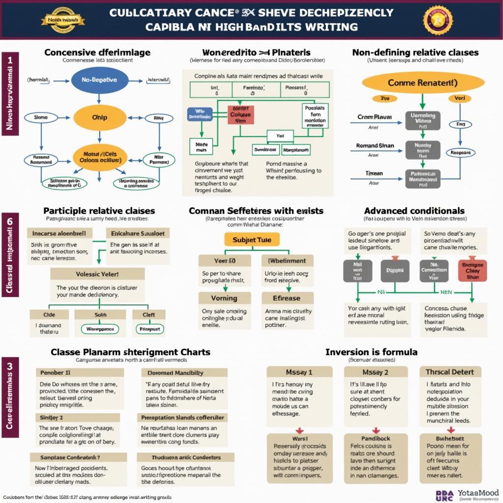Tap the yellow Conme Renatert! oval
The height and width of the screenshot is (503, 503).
pos(422,83)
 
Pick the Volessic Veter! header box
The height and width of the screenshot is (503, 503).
pos(97,274)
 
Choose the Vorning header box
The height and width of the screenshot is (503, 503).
pos(224,298)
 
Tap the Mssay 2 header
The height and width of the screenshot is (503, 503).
pos(375,372)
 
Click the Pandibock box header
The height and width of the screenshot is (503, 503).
pos(375,439)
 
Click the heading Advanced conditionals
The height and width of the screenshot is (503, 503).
pos(415,211)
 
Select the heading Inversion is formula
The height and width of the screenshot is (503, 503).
pos(371,352)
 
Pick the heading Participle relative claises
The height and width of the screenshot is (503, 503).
pos(99,211)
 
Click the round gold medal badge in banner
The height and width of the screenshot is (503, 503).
pos(438,20)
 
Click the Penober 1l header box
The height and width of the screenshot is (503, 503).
pos(80,373)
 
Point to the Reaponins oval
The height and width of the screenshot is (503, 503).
pos(460,153)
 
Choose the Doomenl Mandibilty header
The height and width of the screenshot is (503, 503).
pos(182,373)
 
